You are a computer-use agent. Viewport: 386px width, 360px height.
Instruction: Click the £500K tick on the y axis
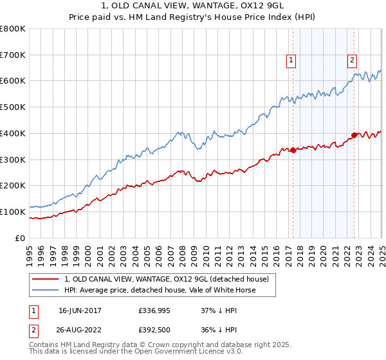coord(14,107)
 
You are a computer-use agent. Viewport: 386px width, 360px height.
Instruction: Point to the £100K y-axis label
coord(14,212)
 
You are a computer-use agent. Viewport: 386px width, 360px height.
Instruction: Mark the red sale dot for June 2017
coord(293,150)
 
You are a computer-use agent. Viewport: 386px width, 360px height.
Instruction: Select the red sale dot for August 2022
coord(354,135)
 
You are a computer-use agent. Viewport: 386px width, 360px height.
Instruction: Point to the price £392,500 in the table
coord(154,330)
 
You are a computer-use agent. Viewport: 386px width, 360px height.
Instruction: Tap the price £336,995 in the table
coord(154,310)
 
